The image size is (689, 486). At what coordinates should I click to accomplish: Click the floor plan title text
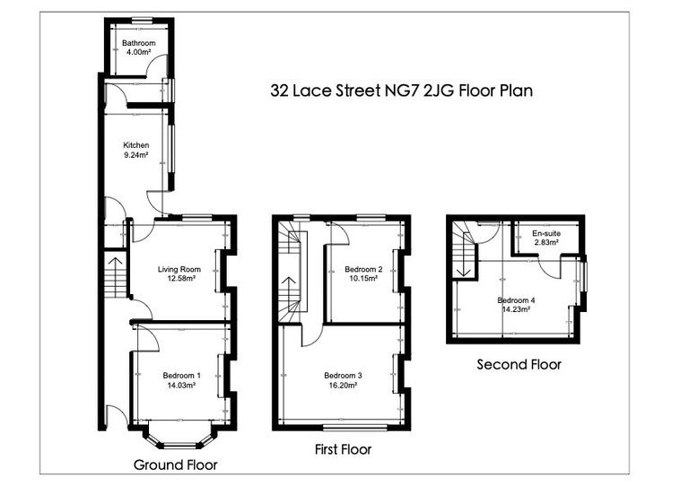tap(403, 91)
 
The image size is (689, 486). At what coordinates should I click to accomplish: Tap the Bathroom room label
tap(140, 43)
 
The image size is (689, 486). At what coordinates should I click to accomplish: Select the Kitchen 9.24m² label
tap(135, 150)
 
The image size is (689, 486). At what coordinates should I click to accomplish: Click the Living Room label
tap(179, 273)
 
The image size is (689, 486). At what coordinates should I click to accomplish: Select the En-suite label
tap(545, 232)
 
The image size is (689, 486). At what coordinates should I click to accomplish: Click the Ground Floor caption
tap(175, 464)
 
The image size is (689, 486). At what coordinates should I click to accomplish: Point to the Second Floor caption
tap(519, 364)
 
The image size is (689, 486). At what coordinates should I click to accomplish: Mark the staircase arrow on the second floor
tap(463, 260)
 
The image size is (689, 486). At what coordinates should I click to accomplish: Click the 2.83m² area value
tap(545, 242)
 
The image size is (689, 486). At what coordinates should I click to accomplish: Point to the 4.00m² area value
tap(140, 52)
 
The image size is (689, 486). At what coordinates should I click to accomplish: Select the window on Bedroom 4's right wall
tap(584, 275)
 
